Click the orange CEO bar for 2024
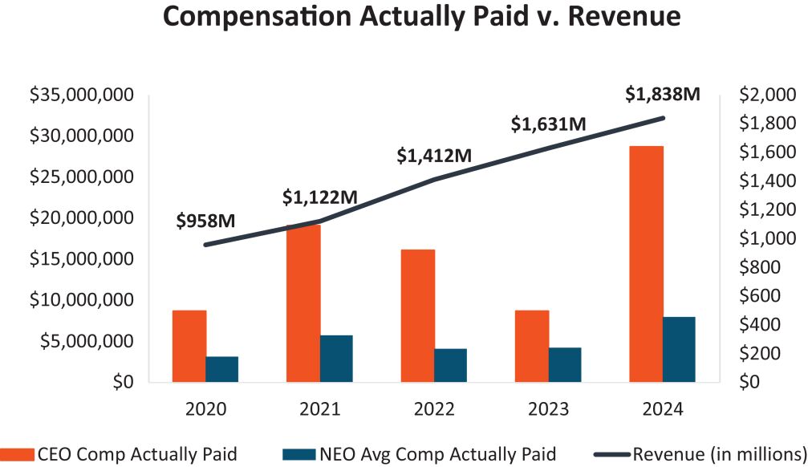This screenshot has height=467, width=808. point(646,264)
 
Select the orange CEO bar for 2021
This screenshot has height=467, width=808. point(304,303)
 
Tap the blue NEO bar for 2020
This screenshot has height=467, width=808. point(222,369)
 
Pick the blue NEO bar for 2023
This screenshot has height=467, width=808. point(565,364)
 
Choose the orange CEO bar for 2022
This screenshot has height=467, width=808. point(418,315)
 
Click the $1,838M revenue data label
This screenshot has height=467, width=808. point(663,94)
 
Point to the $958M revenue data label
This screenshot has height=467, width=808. point(205,220)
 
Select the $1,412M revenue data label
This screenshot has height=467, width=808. point(434,156)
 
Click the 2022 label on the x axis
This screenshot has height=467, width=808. point(434,409)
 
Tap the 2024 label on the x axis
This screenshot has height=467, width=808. point(663,409)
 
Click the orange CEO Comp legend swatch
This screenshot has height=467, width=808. point(18,454)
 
